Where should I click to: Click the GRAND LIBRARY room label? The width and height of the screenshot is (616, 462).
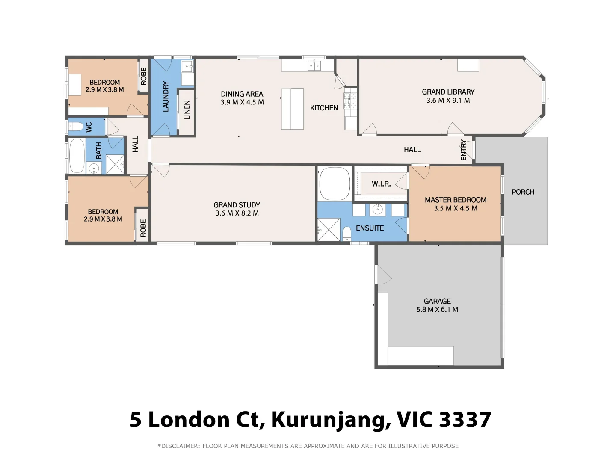coord(448,92)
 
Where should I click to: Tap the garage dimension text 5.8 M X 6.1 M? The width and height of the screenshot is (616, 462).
coord(437,310)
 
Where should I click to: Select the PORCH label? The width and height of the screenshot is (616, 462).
coord(523,192)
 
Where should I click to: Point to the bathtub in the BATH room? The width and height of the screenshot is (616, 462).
coord(77,156)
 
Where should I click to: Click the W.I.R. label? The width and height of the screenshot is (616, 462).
coord(381,184)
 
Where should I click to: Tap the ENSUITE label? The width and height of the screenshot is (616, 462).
coord(370,228)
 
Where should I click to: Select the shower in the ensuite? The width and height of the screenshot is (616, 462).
coord(329,230)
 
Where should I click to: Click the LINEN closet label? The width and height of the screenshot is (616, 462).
coord(187,110)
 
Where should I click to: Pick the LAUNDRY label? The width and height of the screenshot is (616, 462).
coord(166,97)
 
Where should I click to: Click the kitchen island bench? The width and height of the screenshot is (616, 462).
coord(292,109)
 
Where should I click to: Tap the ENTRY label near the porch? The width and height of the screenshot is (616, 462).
coord(464,150)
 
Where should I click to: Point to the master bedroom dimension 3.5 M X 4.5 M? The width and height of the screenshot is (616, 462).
coord(455,209)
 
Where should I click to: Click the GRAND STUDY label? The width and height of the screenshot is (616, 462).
coord(237,205)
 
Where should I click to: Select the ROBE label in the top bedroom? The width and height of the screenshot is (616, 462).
coord(144,76)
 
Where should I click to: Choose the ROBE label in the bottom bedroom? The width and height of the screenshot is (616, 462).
coord(143,228)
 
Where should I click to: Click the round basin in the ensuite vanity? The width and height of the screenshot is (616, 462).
coord(377,210)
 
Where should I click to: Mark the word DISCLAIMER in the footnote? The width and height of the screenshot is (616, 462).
coord(180,446)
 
